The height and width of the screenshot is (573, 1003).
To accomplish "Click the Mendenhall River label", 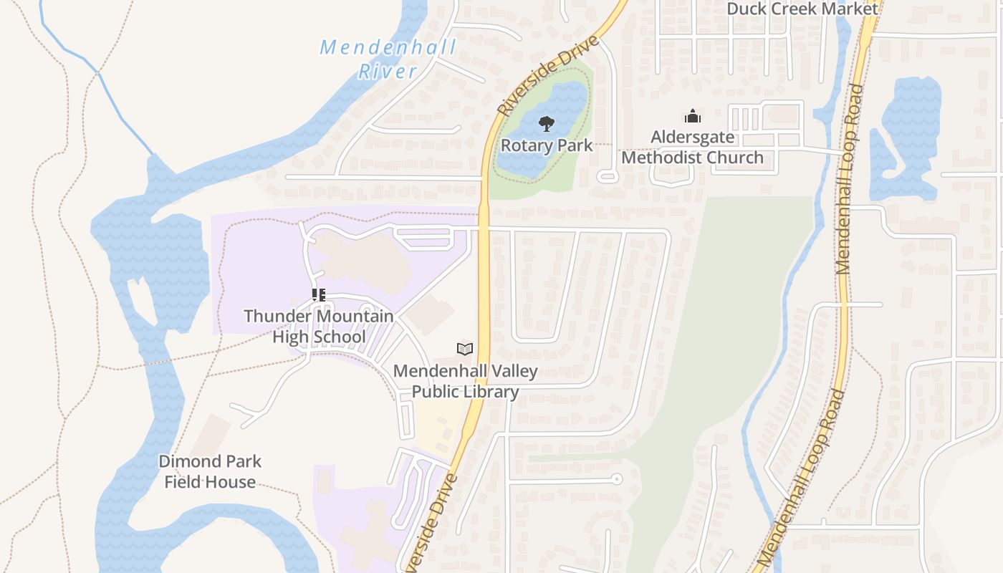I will point(388,59).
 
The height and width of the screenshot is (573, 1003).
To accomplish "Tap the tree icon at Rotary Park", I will point(547,124).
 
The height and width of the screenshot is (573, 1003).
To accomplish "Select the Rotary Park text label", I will point(547,145).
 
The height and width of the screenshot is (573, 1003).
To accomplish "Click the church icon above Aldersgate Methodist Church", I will point(693,116).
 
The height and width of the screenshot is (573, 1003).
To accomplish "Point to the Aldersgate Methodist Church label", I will point(692,148).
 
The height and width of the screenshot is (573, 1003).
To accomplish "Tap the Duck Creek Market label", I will point(802,9).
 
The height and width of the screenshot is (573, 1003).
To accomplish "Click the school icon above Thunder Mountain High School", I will point(319,294).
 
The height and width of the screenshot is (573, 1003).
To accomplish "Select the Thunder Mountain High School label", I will point(319,327).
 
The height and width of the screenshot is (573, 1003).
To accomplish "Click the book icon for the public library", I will point(465,349).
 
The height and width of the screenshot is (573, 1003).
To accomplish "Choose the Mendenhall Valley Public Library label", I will point(465,382).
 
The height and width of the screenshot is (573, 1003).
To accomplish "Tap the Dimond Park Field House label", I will point(210,471).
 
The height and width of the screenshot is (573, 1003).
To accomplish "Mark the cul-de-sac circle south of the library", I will point(616,479).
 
